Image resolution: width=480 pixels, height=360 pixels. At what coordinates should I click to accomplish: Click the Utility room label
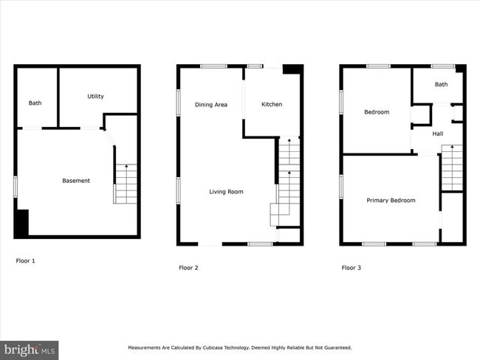click(95, 97)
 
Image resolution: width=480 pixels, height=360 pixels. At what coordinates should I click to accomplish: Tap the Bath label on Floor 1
click(35, 103)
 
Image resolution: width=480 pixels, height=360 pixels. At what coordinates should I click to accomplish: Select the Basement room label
click(75, 181)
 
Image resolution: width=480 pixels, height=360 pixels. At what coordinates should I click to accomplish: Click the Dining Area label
click(210, 105)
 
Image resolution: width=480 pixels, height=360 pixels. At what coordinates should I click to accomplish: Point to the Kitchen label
click(272, 105)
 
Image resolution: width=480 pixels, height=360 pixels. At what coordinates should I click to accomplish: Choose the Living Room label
click(226, 192)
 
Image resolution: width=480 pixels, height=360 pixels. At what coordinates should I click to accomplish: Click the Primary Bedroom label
click(391, 201)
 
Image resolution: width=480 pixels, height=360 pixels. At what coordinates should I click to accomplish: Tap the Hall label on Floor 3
click(438, 134)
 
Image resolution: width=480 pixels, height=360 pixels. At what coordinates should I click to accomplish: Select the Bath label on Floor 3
click(441, 85)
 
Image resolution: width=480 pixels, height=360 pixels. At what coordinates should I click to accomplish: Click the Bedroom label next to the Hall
click(377, 112)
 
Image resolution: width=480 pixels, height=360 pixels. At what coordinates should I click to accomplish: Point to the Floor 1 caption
click(25, 260)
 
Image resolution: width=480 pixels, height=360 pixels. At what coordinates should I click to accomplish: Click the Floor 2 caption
click(188, 268)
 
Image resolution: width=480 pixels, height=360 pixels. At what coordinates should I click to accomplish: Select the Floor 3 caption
click(351, 268)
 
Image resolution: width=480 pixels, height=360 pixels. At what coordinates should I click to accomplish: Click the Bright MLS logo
click(30, 349)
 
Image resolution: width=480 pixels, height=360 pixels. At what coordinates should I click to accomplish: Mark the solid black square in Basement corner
click(21, 223)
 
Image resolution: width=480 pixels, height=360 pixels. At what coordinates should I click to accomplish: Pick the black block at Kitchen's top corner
click(293, 69)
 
